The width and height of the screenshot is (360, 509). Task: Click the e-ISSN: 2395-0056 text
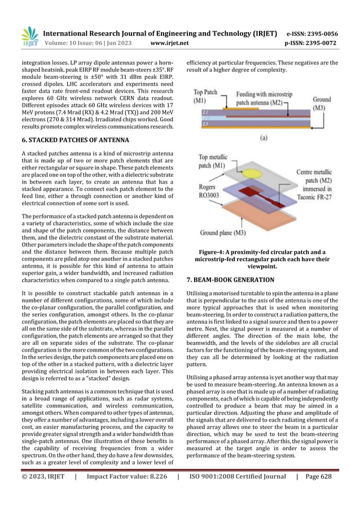(321, 33)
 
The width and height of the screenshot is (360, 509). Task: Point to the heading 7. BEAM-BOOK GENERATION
(230, 279)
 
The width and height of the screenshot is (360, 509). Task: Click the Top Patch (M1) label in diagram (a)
(205, 96)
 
